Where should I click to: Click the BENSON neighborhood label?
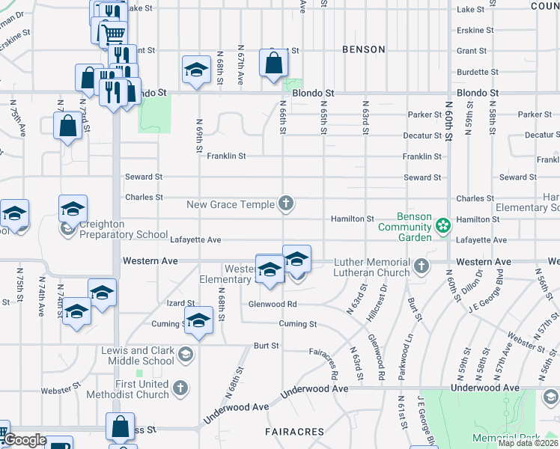(363, 49)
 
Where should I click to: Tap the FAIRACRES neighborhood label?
(294, 432)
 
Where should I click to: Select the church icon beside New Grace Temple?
(285, 203)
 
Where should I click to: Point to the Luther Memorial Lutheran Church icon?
(422, 266)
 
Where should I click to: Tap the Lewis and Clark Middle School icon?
(186, 354)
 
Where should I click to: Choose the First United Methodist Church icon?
(180, 387)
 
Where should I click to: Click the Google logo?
(25, 440)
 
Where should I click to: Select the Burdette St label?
(472, 73)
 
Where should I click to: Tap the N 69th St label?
(200, 135)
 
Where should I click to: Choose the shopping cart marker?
(112, 33)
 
